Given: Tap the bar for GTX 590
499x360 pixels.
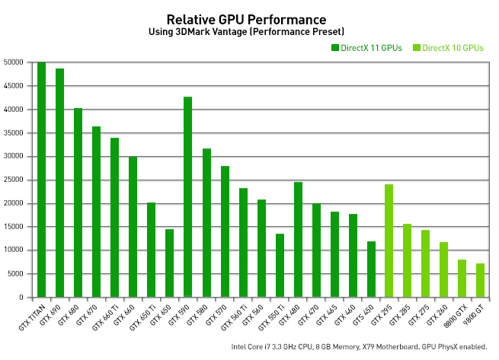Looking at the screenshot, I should (187, 197).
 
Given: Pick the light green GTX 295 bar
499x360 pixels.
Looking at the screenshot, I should (389, 241).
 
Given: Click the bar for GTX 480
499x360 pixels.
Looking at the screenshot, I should (297, 240).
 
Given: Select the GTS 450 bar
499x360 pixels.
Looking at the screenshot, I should (370, 269).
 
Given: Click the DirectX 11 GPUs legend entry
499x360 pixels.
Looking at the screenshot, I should (366, 48).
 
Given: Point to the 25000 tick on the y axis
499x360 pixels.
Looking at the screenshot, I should (14, 180).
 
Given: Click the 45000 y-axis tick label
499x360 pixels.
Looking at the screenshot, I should (14, 86).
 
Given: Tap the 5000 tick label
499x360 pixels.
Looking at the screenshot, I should (16, 273).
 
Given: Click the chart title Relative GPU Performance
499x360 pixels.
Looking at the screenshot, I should (246, 19).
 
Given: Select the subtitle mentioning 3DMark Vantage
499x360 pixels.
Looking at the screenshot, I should (246, 32).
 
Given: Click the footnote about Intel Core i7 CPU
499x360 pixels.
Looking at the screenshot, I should (358, 347).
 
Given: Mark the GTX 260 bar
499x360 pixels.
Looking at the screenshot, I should (443, 269).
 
